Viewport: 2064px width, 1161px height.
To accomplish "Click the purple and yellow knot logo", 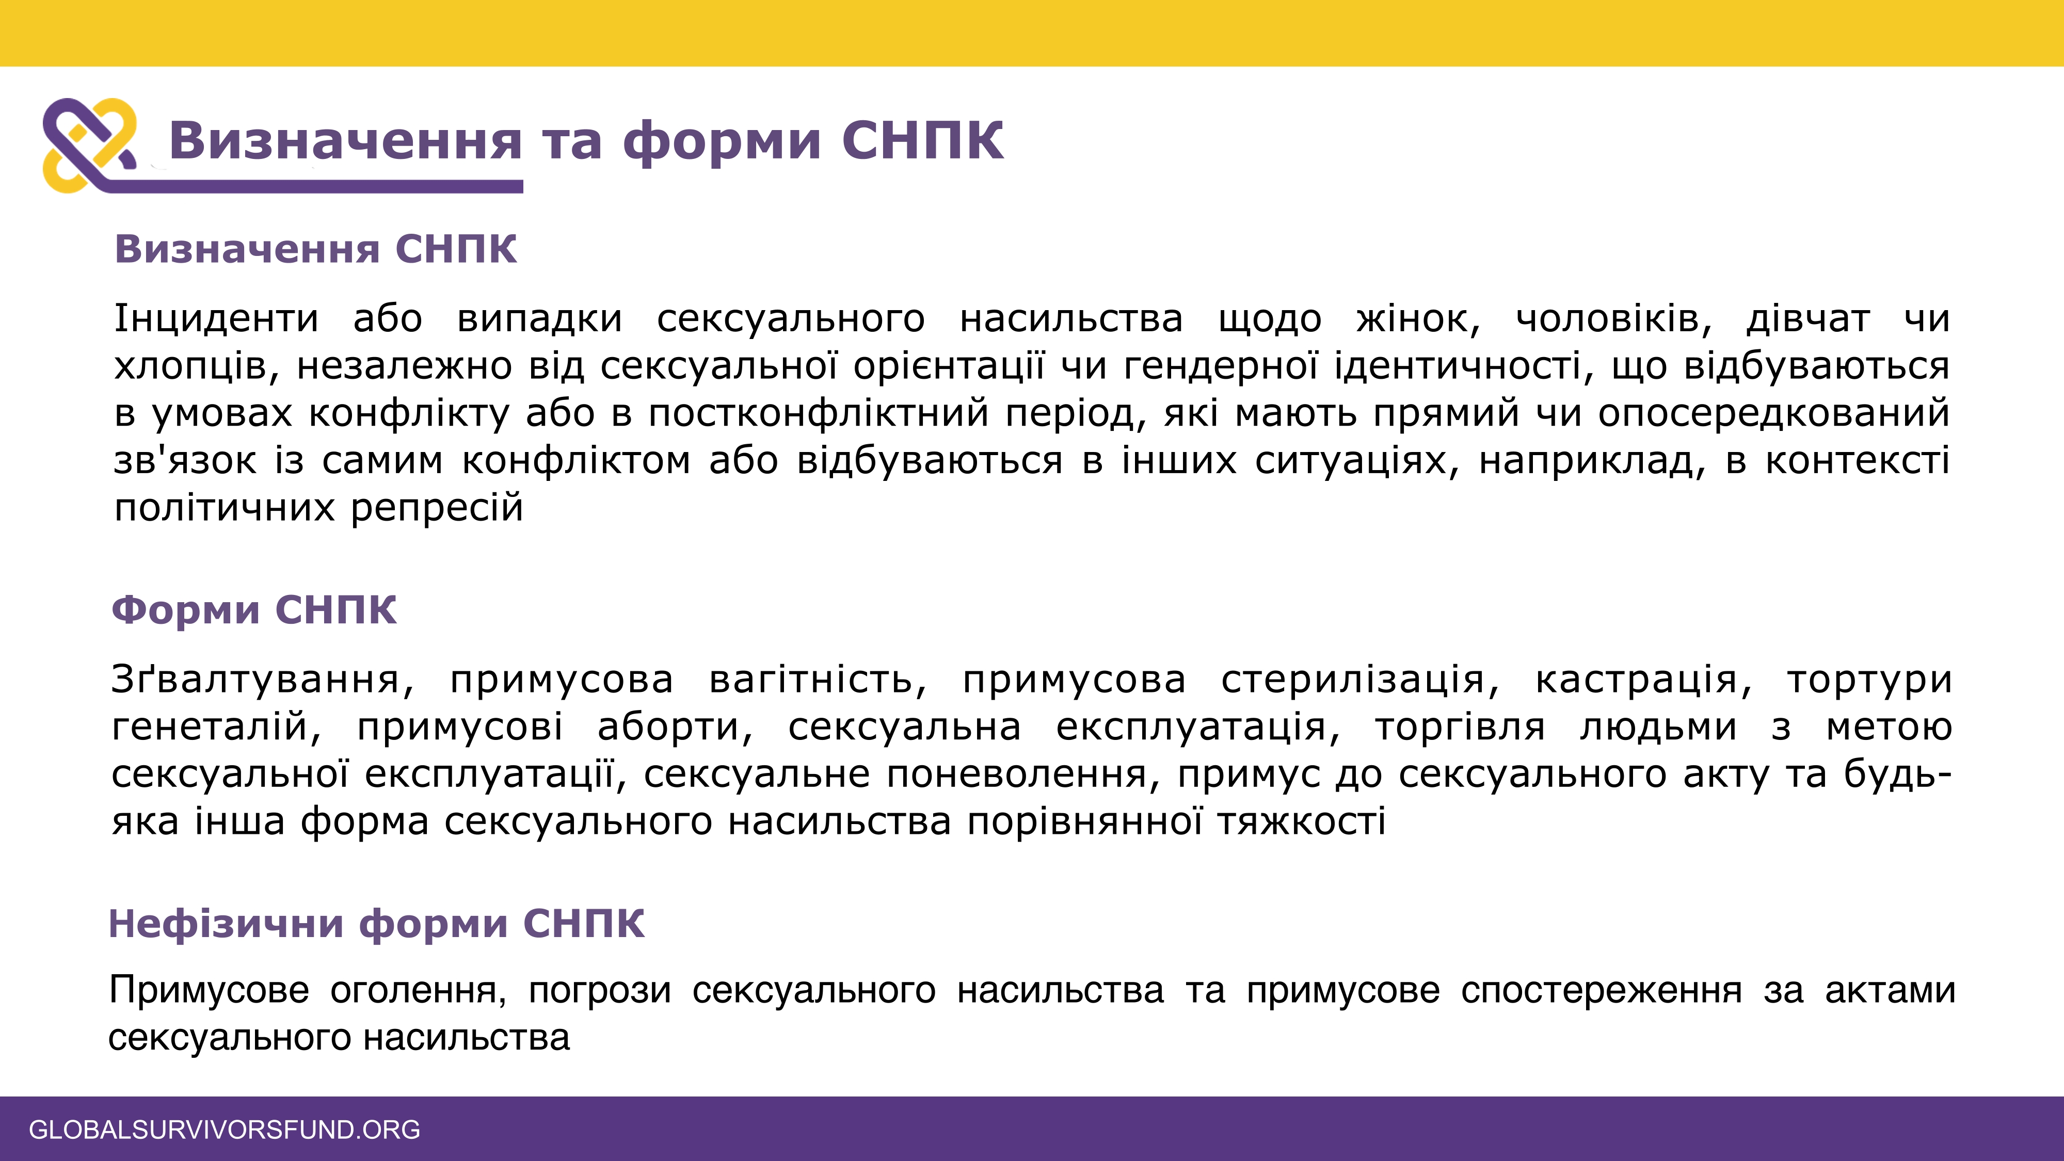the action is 90,145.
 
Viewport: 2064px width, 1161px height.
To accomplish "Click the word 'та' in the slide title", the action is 571,140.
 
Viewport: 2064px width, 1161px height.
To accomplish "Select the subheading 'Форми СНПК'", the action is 254,610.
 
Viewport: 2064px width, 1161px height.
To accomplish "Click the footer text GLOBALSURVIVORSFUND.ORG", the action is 225,1130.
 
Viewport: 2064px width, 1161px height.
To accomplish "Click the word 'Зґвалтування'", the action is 263,680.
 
